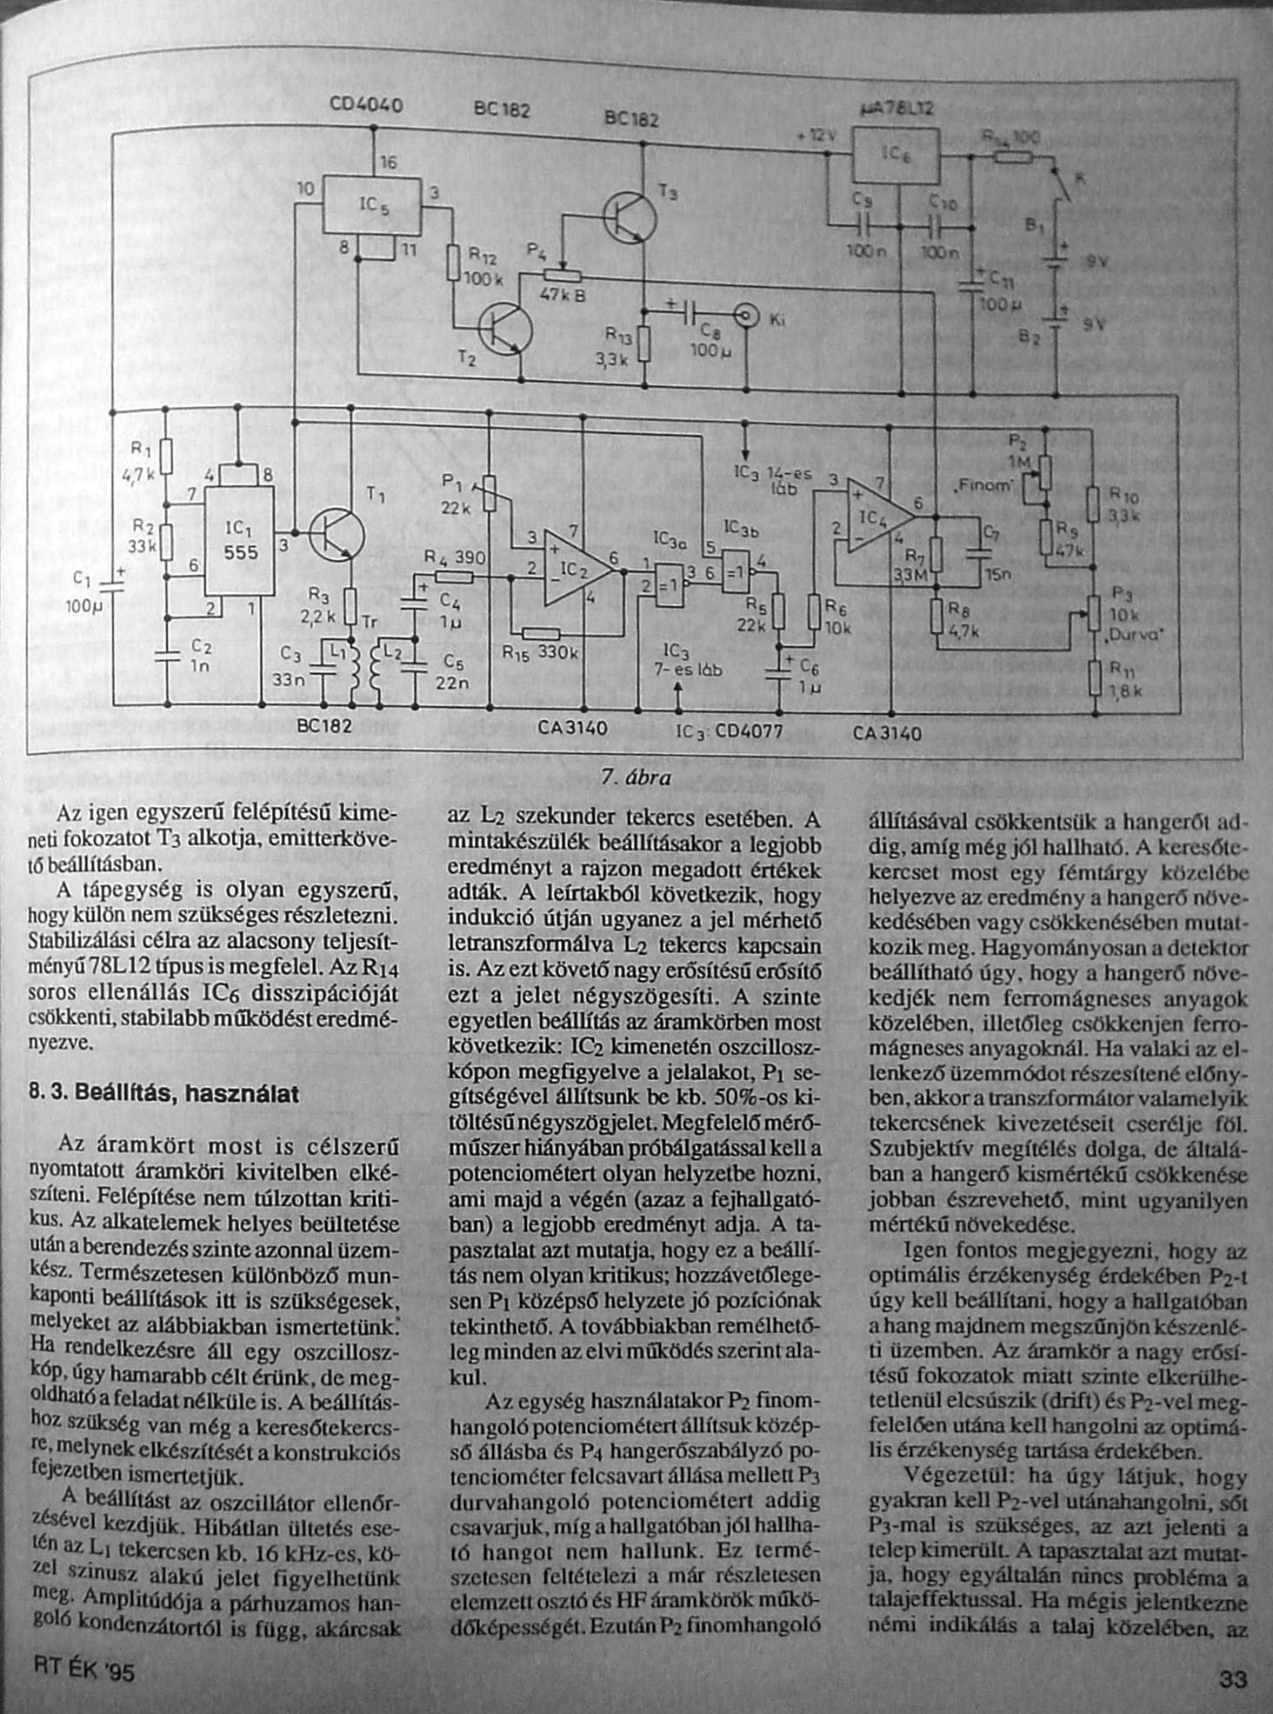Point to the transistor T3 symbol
pyautogui.click(x=630, y=217)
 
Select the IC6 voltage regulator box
pyautogui.click(x=895, y=156)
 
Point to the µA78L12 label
pyautogui.click(x=895, y=109)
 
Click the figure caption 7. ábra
pyautogui.click(x=636, y=777)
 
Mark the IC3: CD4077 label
pyautogui.click(x=730, y=731)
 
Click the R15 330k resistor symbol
pyautogui.click(x=541, y=634)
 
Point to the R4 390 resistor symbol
pyautogui.click(x=453, y=576)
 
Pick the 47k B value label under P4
pyautogui.click(x=563, y=296)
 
